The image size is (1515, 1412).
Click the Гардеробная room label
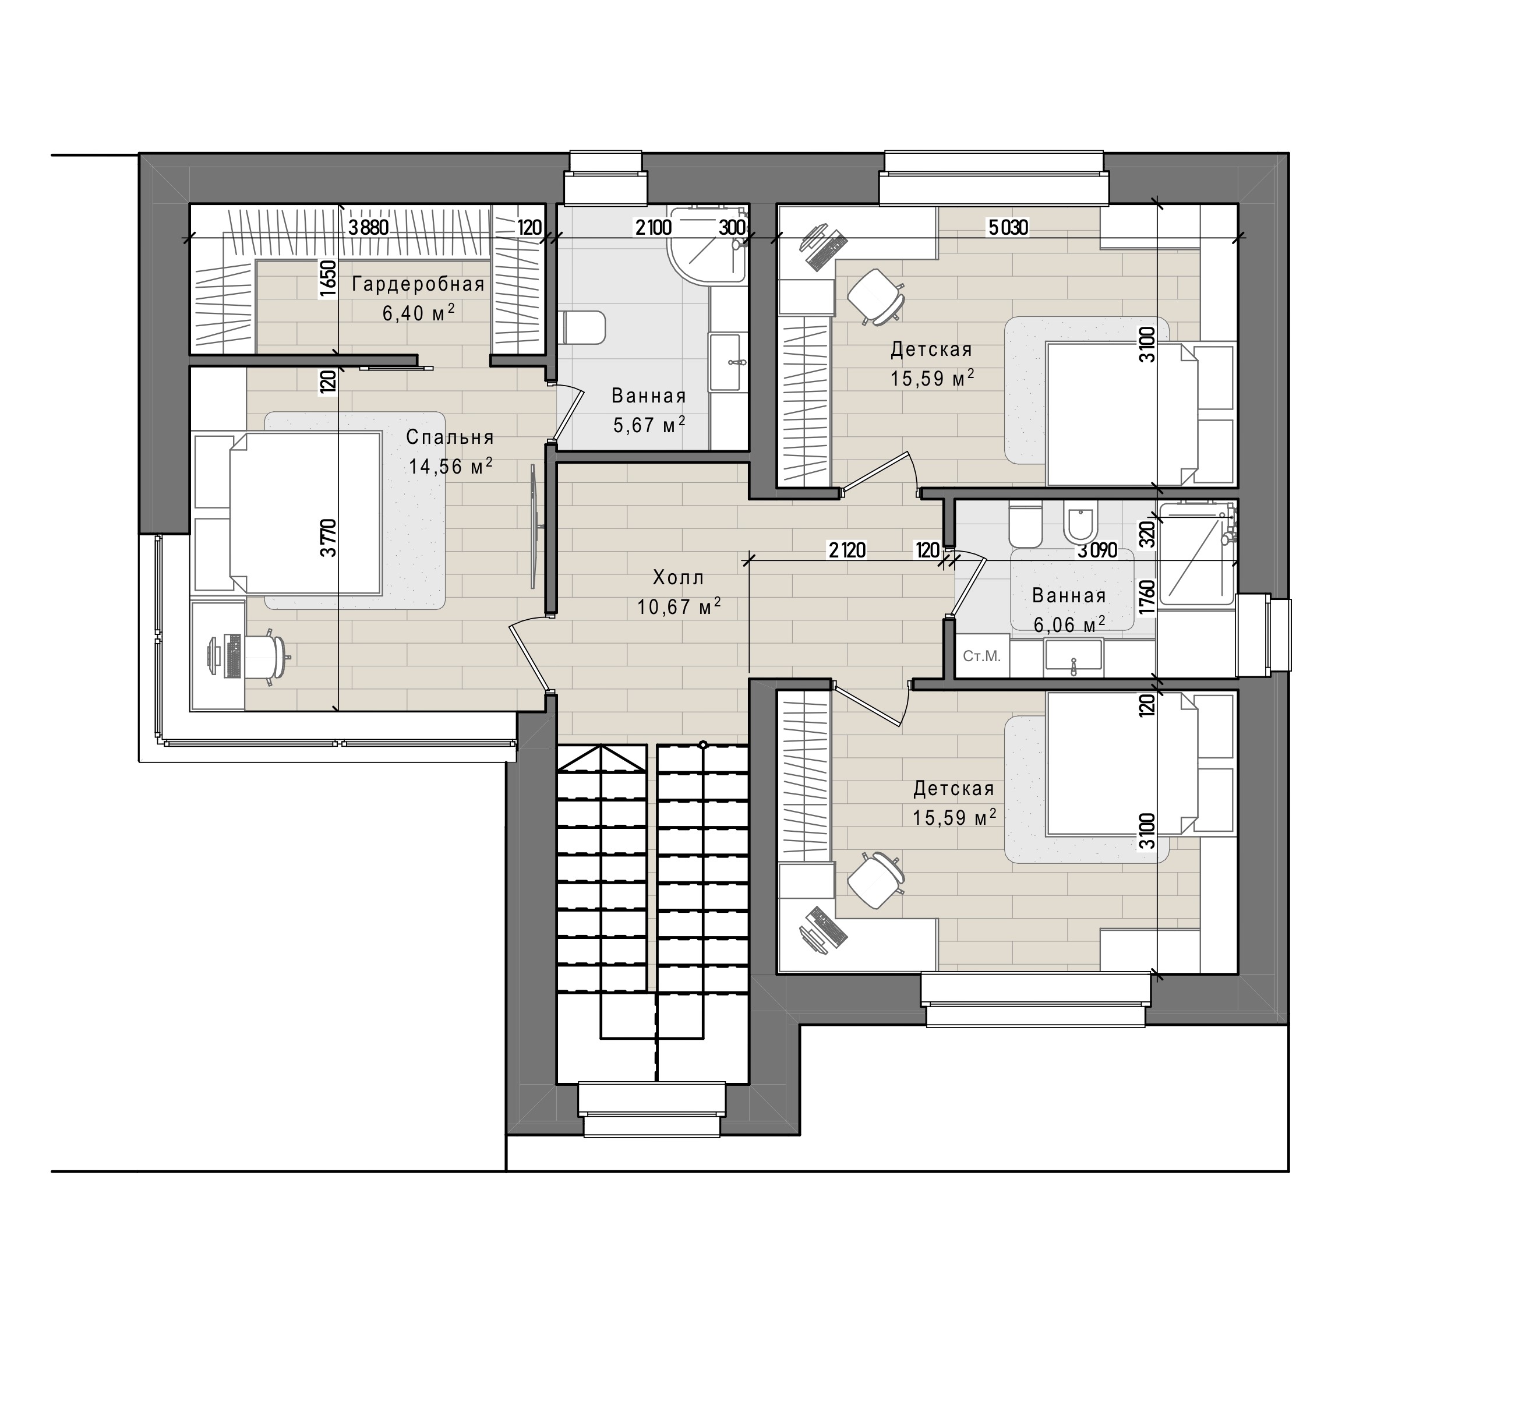click(x=418, y=284)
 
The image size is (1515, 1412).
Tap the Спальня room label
click(x=450, y=437)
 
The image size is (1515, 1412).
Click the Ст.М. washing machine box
click(x=982, y=656)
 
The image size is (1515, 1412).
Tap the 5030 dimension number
click(x=1008, y=227)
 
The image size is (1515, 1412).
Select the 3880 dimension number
click(x=370, y=227)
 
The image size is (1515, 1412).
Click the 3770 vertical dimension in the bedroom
click(x=328, y=538)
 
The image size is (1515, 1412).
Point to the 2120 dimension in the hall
click(x=847, y=549)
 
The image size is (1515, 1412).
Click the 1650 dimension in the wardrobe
click(x=328, y=278)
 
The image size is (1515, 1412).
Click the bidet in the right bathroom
click(x=1078, y=524)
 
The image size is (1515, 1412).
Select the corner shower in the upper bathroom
click(x=707, y=244)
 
